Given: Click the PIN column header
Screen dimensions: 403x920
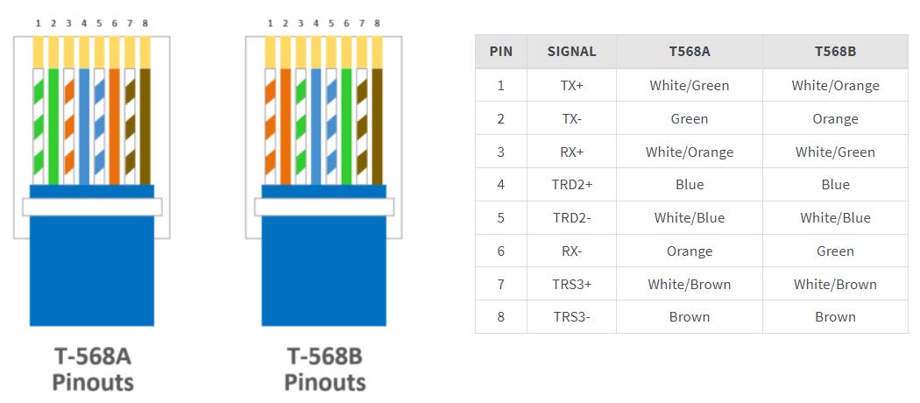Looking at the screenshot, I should [501, 52].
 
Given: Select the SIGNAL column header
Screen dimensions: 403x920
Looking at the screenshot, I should [571, 52].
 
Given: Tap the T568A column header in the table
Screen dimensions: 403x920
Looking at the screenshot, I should [689, 52].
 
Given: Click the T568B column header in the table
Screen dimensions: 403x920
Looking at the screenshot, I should [835, 52].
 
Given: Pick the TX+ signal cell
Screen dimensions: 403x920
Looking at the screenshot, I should [571, 86].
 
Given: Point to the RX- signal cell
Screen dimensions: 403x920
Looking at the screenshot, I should [571, 251].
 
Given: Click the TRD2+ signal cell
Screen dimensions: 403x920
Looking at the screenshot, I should [571, 185].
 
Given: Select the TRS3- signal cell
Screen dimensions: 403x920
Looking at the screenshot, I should [571, 317].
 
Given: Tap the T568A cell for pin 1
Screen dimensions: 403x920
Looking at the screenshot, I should [689, 86].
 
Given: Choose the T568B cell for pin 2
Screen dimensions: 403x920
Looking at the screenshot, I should [835, 119].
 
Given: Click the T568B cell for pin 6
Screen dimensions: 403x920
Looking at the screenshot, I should [835, 251].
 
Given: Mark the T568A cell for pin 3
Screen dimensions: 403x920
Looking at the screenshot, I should [689, 152].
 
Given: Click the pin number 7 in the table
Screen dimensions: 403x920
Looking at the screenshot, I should [501, 285].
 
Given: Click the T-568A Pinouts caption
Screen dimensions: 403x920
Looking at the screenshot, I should [93, 369].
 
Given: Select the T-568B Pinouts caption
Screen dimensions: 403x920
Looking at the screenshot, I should [325, 369].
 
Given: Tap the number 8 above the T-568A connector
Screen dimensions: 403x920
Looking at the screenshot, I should [145, 24].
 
